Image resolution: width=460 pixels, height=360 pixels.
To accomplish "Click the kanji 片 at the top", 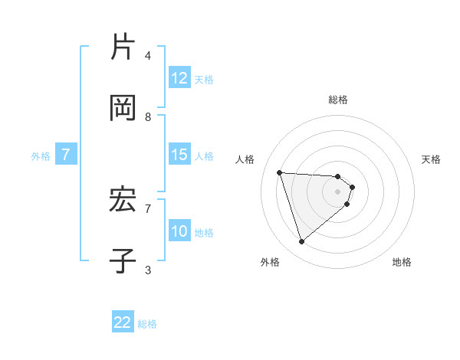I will click(123, 47).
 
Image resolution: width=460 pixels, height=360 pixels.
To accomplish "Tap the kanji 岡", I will click(123, 108).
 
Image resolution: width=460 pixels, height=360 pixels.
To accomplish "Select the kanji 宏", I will click(123, 200).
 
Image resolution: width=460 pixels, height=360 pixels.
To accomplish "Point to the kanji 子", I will click(123, 261).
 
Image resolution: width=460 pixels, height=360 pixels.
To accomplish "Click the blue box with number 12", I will click(179, 78).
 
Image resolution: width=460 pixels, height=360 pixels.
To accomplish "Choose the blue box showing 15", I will click(179, 155).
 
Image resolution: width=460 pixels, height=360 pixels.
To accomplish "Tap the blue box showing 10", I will click(179, 231).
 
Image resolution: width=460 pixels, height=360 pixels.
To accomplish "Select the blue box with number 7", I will click(66, 155).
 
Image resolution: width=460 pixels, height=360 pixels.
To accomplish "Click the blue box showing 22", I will click(123, 322).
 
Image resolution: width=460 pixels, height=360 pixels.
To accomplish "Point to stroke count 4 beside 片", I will click(148, 55).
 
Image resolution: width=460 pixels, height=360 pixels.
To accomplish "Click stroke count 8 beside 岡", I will click(148, 117).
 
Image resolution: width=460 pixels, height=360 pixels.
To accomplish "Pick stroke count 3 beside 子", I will click(148, 270).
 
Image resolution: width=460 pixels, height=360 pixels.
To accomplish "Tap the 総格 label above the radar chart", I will click(338, 99).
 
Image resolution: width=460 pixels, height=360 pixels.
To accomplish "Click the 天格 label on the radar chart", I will click(432, 159).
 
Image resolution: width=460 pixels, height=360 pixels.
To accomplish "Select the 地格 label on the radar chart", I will click(402, 262).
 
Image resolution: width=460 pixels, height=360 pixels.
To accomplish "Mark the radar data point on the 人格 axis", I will click(280, 172).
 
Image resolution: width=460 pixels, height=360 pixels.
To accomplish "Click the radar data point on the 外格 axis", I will click(301, 242).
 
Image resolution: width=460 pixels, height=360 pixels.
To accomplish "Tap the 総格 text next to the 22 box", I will click(147, 324).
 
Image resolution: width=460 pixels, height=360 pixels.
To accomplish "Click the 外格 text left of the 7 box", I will click(41, 156).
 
